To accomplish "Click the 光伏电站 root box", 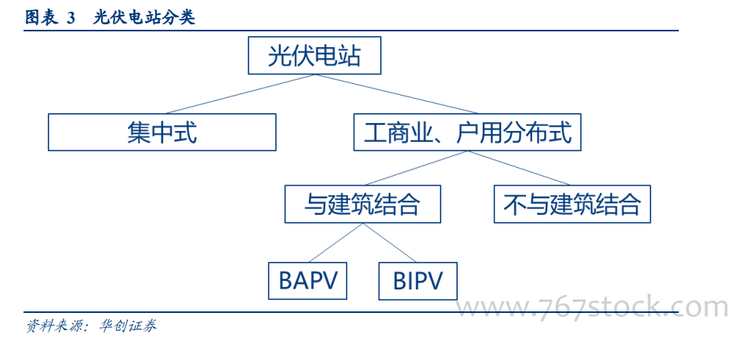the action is [314, 56].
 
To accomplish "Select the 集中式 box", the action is [161, 132].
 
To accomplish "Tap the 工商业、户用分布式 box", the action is [467, 132].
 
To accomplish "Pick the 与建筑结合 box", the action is [363, 204].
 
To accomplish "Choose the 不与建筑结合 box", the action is [572, 204].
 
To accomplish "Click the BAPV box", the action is [307, 281].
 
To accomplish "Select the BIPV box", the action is [418, 281].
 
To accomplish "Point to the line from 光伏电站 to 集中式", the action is [240, 94].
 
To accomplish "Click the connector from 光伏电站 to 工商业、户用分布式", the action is [396, 94].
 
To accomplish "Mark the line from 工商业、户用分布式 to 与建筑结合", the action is [416, 168].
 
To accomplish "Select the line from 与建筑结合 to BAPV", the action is [335, 242].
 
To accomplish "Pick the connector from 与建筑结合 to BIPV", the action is [389, 242].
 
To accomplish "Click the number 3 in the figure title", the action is [71, 18].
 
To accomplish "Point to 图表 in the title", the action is [41, 18].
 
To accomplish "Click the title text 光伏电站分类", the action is [143, 18].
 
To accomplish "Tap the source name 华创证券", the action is [128, 325].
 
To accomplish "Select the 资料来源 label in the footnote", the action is [53, 325].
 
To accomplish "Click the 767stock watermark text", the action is [591, 308].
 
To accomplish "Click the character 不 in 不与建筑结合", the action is [513, 204].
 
